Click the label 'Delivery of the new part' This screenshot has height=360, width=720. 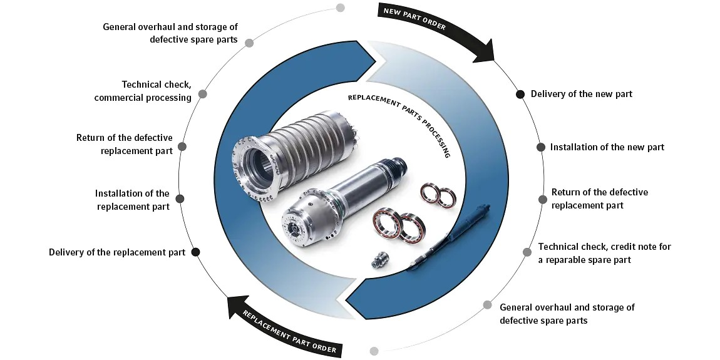pos(581,94)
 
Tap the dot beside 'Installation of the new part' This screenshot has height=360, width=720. pos(541,147)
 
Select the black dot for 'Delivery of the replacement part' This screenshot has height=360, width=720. pos(195,252)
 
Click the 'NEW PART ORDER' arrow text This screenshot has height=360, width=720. pos(414,18)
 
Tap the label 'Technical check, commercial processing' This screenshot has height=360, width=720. pos(143,91)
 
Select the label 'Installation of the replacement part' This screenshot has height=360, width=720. pos(132,200)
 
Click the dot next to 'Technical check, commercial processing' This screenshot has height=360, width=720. pos(202,94)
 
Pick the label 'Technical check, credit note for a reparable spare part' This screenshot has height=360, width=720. pos(604,253)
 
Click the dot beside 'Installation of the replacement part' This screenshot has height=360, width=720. pos(180,198)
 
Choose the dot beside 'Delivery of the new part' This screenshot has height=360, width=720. pos(520,94)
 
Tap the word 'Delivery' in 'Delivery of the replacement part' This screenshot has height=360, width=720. pos(66,252)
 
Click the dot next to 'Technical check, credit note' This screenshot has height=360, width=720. pos(527,252)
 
